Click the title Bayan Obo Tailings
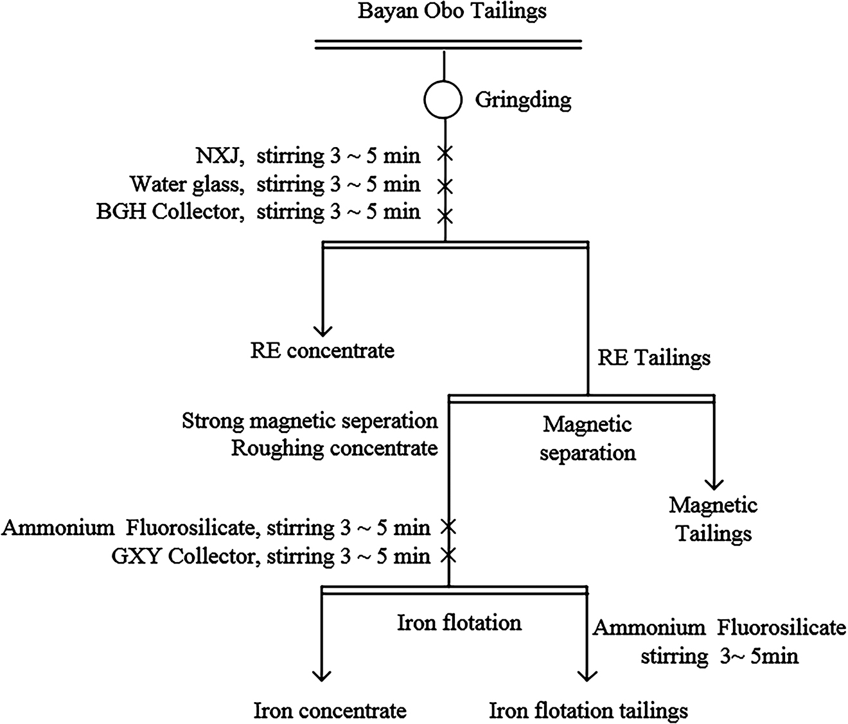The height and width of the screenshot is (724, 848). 452,12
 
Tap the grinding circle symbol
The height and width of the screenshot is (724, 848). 443,100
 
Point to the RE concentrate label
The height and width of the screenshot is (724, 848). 322,350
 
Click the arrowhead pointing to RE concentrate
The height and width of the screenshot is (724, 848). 322,330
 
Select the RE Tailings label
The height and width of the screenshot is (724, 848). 654,357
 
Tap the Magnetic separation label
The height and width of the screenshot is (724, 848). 587,438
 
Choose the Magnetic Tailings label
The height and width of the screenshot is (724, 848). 713,519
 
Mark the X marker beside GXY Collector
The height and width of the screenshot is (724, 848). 448,554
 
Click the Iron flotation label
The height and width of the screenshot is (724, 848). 459,622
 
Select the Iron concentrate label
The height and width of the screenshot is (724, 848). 330,711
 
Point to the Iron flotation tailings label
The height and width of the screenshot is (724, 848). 588,711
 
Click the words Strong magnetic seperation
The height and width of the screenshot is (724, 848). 310,421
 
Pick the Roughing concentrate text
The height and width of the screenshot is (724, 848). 334,448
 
